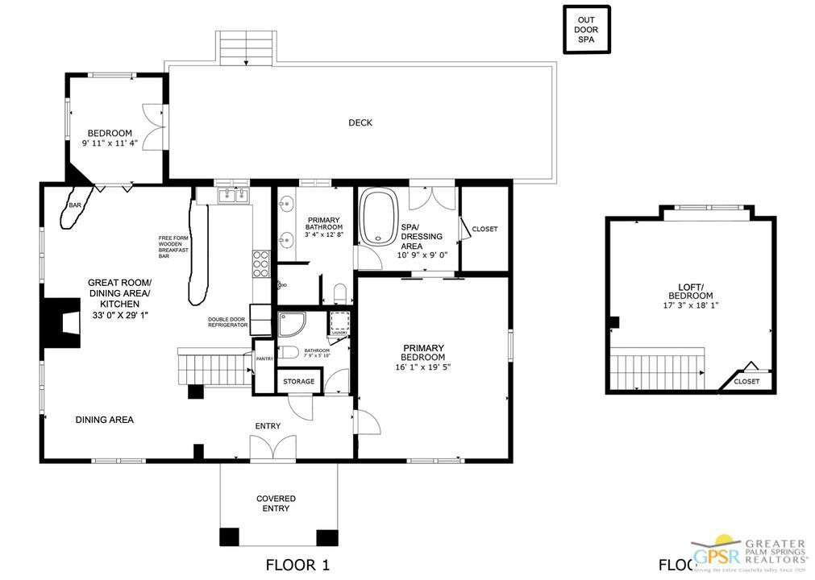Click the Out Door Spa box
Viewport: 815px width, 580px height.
click(x=586, y=30)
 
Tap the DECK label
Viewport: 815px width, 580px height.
click(x=360, y=123)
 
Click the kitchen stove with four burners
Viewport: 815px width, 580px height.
click(x=261, y=263)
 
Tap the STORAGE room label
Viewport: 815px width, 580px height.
click(x=298, y=381)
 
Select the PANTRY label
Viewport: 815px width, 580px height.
click(x=264, y=359)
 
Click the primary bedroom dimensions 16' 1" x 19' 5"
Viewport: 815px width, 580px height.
click(x=423, y=367)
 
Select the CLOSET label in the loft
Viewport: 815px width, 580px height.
click(x=746, y=382)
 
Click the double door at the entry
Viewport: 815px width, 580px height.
click(x=267, y=447)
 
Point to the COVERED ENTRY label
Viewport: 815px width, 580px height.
click(x=276, y=503)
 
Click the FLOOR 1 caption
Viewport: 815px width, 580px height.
click(x=297, y=565)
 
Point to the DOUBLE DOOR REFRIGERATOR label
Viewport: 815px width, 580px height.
click(x=227, y=321)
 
